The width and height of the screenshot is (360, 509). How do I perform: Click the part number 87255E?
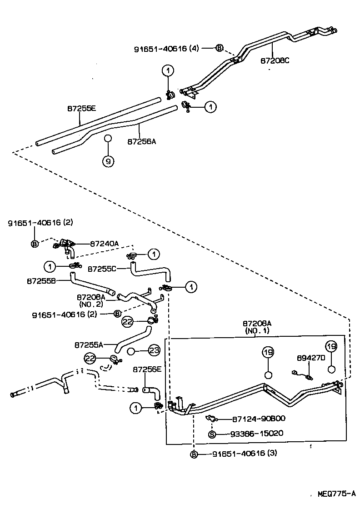(x=82, y=109)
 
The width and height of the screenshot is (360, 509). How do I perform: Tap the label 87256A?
(x=141, y=141)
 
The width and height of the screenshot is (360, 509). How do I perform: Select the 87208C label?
(x=275, y=60)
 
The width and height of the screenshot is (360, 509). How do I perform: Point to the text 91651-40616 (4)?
(x=166, y=48)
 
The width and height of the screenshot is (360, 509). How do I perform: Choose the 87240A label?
(x=104, y=244)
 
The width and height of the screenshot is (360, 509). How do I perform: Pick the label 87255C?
(x=101, y=269)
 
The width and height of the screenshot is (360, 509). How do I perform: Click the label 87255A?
(x=88, y=344)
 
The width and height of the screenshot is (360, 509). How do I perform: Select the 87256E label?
(x=147, y=370)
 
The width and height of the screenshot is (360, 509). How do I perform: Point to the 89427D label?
(x=311, y=358)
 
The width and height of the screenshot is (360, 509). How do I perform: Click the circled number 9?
(x=108, y=161)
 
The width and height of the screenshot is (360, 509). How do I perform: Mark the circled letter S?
(x=211, y=434)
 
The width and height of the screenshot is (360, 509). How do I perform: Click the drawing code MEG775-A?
(x=336, y=494)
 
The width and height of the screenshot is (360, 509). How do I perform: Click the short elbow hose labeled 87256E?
(x=151, y=392)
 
